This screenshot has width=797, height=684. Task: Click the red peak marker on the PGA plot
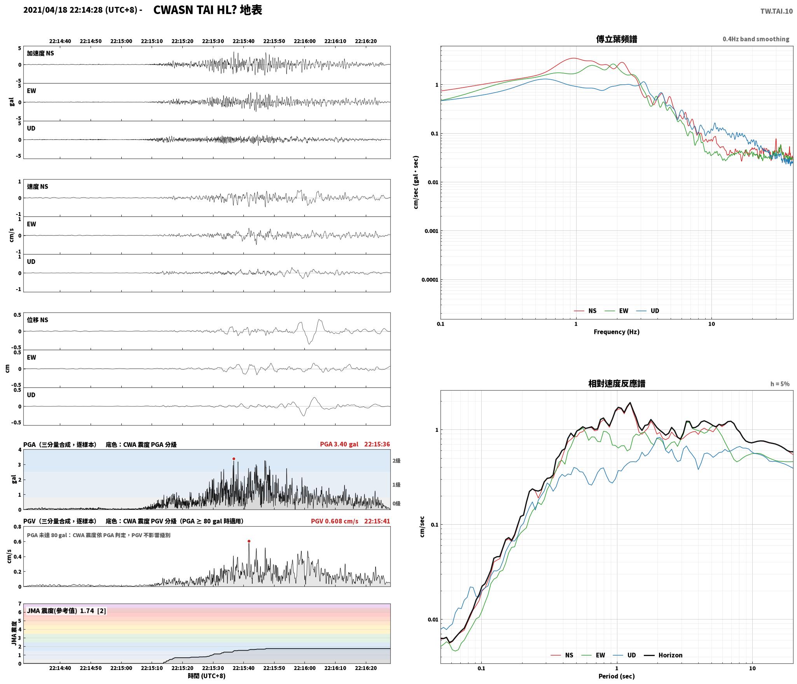(x=234, y=459)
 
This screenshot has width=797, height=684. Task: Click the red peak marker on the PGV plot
(x=249, y=541)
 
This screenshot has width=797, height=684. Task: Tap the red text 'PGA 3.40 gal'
(x=339, y=444)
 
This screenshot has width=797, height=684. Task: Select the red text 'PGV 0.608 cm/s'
(x=334, y=521)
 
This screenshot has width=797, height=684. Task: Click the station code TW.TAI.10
(x=776, y=11)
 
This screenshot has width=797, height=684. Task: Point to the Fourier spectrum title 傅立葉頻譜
(x=617, y=39)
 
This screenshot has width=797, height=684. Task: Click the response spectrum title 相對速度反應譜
(x=617, y=384)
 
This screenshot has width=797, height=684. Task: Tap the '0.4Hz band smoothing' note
(x=756, y=39)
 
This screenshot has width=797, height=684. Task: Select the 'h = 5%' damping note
(x=780, y=384)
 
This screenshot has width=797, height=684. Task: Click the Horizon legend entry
(x=663, y=655)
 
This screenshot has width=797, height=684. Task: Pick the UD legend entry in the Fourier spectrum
(x=648, y=311)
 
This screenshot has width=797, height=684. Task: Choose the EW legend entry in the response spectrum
(x=593, y=655)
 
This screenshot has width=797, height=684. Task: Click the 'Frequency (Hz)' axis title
(x=617, y=332)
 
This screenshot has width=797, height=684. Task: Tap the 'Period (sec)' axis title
(x=617, y=676)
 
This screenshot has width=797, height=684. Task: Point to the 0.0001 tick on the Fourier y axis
(x=430, y=280)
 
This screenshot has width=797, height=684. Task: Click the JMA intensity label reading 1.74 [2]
(x=66, y=611)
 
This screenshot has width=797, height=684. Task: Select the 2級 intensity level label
(x=396, y=461)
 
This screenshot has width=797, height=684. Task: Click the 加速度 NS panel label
(x=40, y=53)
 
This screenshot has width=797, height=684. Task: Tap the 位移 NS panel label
(x=38, y=320)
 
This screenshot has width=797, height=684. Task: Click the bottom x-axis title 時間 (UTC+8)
(x=207, y=676)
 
